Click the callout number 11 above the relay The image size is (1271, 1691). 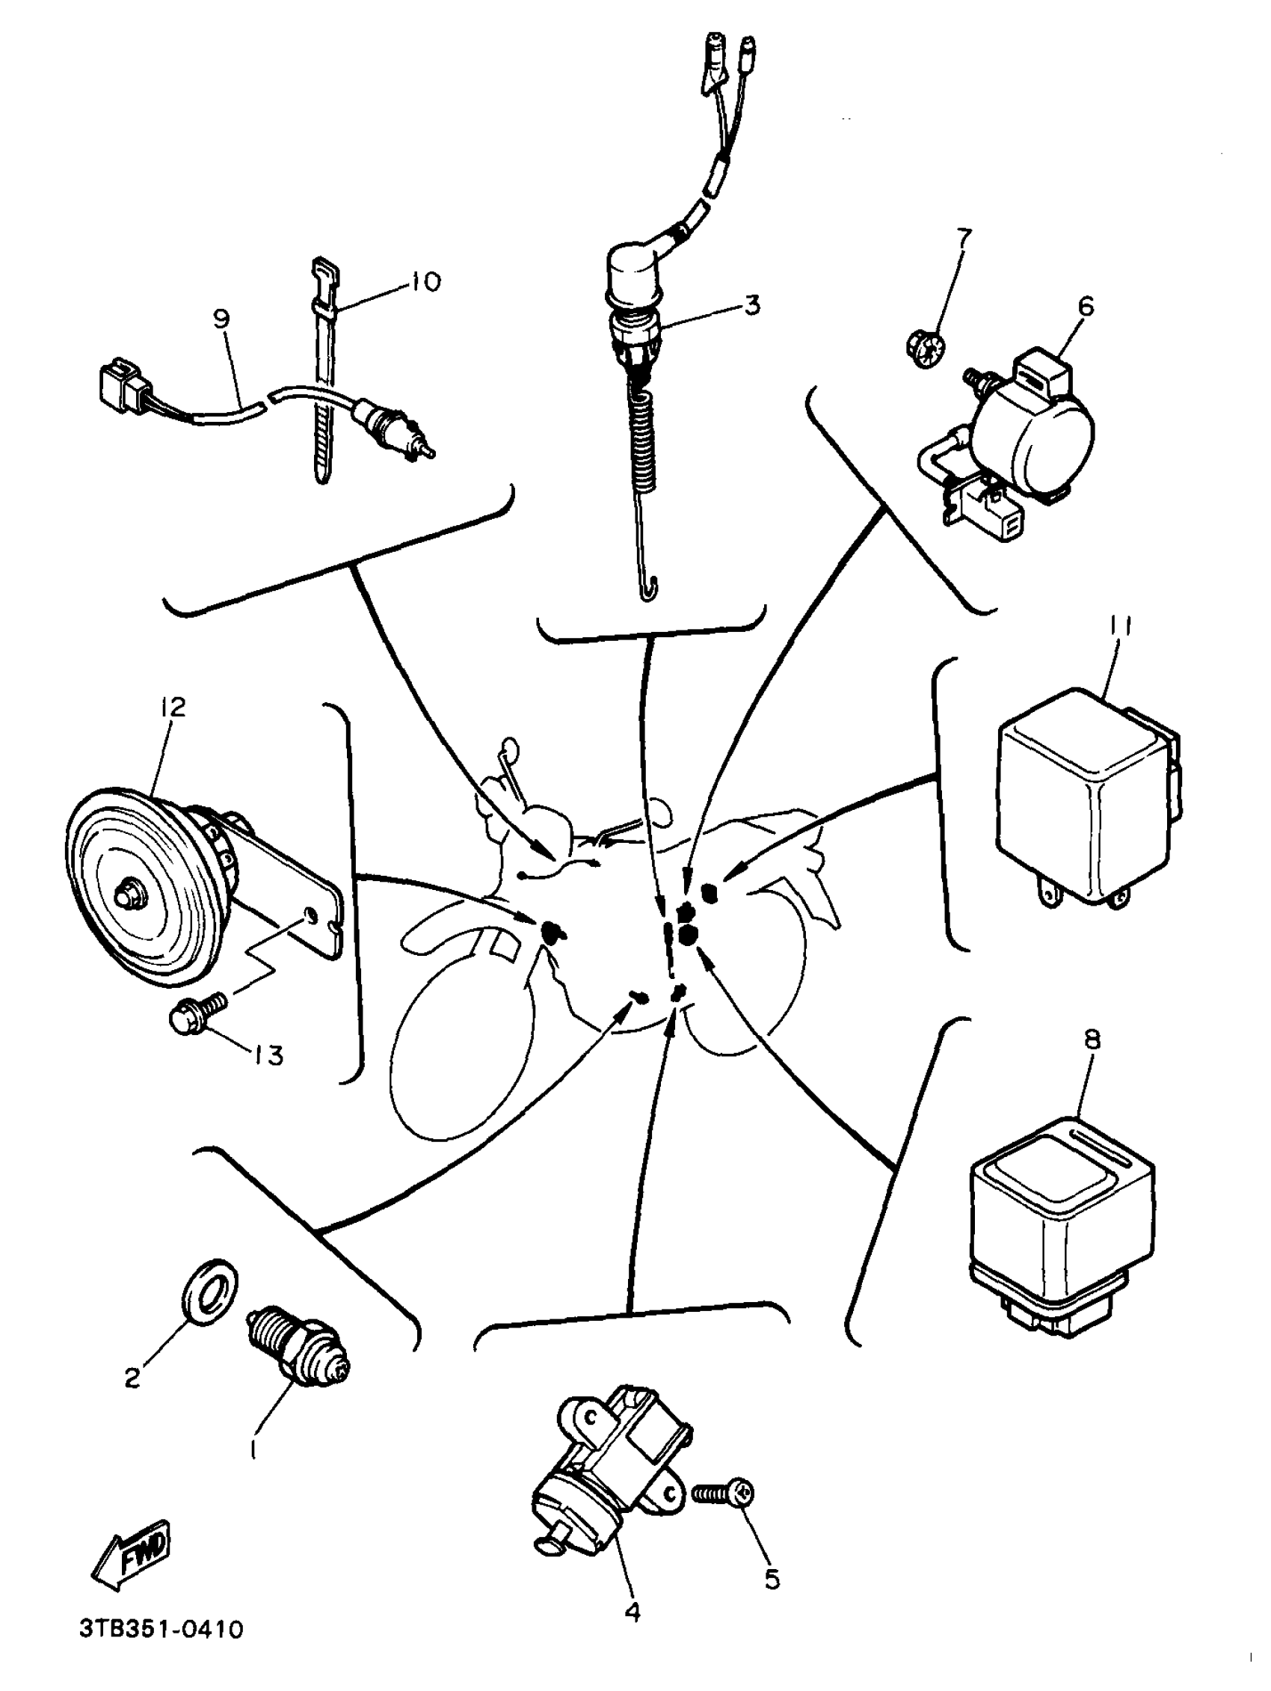point(1119,627)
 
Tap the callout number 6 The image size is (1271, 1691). point(1086,307)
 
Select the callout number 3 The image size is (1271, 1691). point(752,305)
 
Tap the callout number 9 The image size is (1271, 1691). point(221,318)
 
